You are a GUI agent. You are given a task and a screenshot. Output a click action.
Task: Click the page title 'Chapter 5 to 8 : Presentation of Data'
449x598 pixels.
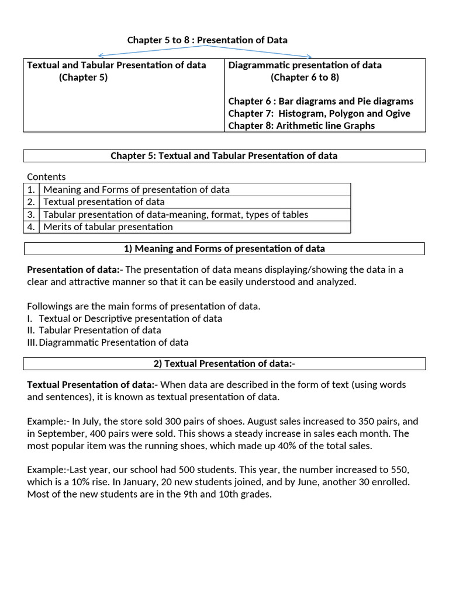tap(207, 40)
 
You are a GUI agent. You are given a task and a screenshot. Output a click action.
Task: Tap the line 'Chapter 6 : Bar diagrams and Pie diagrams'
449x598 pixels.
tap(320, 101)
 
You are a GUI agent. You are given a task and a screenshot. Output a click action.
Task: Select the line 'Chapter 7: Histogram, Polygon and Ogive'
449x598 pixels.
tap(319, 113)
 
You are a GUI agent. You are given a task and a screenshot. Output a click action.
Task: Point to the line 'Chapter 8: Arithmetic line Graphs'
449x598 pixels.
tap(302, 126)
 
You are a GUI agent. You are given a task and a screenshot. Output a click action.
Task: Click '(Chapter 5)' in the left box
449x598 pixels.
tap(83, 77)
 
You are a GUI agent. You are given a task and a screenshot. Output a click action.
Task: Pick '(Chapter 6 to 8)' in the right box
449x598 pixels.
tap(305, 77)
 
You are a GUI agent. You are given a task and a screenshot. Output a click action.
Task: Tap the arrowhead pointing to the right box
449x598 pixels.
tap(310, 57)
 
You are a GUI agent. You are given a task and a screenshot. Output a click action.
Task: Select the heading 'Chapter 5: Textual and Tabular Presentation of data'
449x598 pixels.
tap(224, 156)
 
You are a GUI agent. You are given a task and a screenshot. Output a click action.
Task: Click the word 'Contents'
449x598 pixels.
tap(46, 177)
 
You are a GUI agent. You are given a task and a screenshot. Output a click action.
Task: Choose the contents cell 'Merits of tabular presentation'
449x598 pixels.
tap(108, 227)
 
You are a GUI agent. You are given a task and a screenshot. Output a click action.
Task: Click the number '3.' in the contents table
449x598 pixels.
tap(31, 214)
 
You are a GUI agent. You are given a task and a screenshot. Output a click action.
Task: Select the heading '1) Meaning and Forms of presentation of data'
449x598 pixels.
tap(224, 249)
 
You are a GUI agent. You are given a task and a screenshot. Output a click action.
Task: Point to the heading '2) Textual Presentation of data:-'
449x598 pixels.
tap(224, 364)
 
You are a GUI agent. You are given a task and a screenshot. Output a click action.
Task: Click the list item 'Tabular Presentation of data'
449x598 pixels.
tap(99, 331)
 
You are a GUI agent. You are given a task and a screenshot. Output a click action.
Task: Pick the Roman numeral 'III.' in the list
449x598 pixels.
tap(32, 343)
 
